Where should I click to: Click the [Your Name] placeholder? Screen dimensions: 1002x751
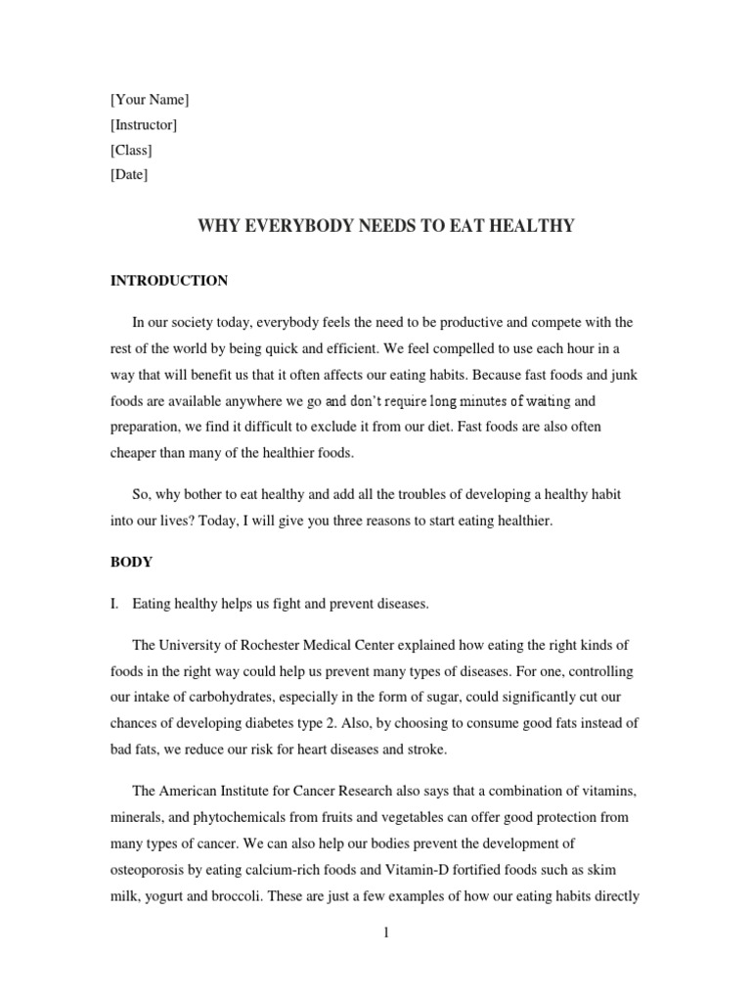[150, 99]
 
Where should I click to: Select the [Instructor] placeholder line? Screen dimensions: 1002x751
[143, 124]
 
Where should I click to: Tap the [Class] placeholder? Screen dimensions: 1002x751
[131, 150]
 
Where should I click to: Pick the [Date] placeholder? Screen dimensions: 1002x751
[129, 175]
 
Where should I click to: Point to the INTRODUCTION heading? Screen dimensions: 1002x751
[168, 281]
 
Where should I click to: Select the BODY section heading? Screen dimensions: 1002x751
[131, 564]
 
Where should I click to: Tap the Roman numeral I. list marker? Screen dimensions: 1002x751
[115, 605]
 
